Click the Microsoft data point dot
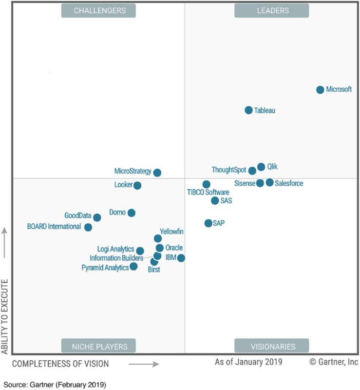coord(320,90)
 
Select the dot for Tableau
coord(248,110)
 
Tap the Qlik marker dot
coord(261,167)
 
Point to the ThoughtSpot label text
coord(229,170)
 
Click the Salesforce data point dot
coord(269,182)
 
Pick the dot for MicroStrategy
coord(157,173)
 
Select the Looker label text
coord(124,185)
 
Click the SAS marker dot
coord(215,200)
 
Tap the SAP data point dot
coord(208,223)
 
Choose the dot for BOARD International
coord(88,227)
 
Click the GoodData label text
coord(78,215)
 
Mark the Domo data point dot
coord(131,213)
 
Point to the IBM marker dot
coord(181,258)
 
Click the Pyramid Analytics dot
coord(133,266)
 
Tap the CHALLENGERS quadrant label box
coord(98,10)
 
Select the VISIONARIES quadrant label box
coord(272,346)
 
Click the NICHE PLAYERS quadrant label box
coord(98,346)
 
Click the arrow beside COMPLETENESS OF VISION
coord(144,364)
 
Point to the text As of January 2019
coord(248,362)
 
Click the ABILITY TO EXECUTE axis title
coord(5,316)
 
